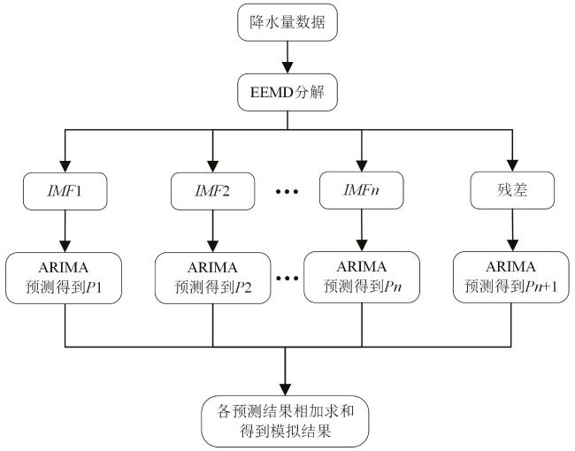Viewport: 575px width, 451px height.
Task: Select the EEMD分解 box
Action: click(287, 90)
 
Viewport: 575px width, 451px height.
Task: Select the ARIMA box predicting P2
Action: click(212, 276)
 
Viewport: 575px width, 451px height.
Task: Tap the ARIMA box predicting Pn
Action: click(361, 276)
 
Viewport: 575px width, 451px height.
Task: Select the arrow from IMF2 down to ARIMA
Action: click(212, 232)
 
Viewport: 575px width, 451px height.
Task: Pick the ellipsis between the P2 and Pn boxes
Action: click(287, 277)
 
